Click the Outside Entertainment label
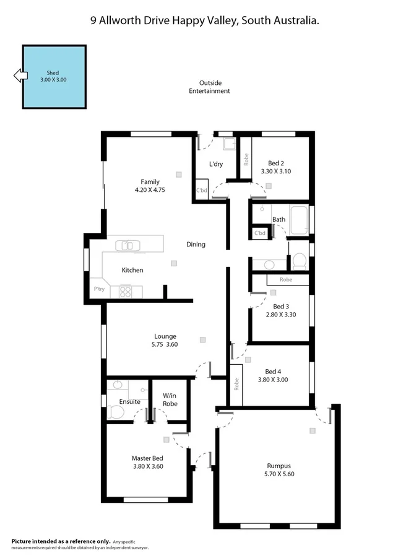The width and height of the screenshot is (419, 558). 210,87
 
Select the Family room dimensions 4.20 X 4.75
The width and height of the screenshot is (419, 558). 150,190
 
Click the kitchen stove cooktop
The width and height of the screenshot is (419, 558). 126,290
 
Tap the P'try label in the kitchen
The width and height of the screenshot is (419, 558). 99,289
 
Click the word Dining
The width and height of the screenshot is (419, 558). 196,244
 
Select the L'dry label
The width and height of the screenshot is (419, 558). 216,164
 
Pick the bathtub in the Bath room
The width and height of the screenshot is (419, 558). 298,220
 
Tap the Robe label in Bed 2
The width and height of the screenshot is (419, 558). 246,160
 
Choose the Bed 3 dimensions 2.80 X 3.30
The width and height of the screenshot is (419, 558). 281,315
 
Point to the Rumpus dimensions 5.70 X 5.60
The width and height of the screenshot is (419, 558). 279,474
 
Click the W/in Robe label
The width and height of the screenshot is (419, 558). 170,399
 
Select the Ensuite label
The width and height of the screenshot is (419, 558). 130,401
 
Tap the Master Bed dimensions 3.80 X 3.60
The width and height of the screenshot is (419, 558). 147,466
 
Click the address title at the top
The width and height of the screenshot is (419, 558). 205,20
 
